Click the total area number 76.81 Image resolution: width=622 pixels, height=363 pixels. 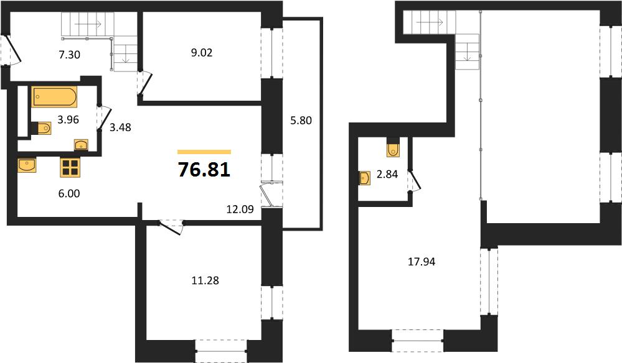pyautogui.click(x=204, y=170)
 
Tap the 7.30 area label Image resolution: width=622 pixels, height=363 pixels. pyautogui.click(x=69, y=55)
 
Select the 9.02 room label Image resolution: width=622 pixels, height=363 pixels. pyautogui.click(x=202, y=53)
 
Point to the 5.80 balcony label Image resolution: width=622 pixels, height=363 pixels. pyautogui.click(x=301, y=121)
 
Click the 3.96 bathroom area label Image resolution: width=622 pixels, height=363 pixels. pyautogui.click(x=68, y=119)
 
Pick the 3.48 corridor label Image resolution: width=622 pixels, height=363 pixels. pyautogui.click(x=120, y=127)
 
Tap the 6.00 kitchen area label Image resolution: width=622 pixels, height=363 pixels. pyautogui.click(x=69, y=193)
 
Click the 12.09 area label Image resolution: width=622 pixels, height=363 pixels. pyautogui.click(x=240, y=209)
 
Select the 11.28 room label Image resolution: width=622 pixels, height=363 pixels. pyautogui.click(x=205, y=281)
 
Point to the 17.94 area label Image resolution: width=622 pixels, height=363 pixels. pyautogui.click(x=422, y=262)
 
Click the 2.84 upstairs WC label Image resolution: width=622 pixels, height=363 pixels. pyautogui.click(x=387, y=174)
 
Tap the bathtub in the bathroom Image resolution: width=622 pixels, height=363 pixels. pyautogui.click(x=54, y=97)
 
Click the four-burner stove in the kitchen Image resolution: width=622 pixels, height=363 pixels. pyautogui.click(x=70, y=167)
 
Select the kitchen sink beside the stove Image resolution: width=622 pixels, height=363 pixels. pyautogui.click(x=27, y=165)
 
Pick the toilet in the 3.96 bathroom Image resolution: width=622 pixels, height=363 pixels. pyautogui.click(x=43, y=128)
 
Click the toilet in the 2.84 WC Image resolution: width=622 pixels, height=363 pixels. pyautogui.click(x=393, y=147)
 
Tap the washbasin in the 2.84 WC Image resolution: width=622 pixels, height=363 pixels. pyautogui.click(x=365, y=178)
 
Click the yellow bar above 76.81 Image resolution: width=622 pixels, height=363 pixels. pyautogui.click(x=204, y=152)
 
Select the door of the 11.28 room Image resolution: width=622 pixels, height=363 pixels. pyautogui.click(x=171, y=227)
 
